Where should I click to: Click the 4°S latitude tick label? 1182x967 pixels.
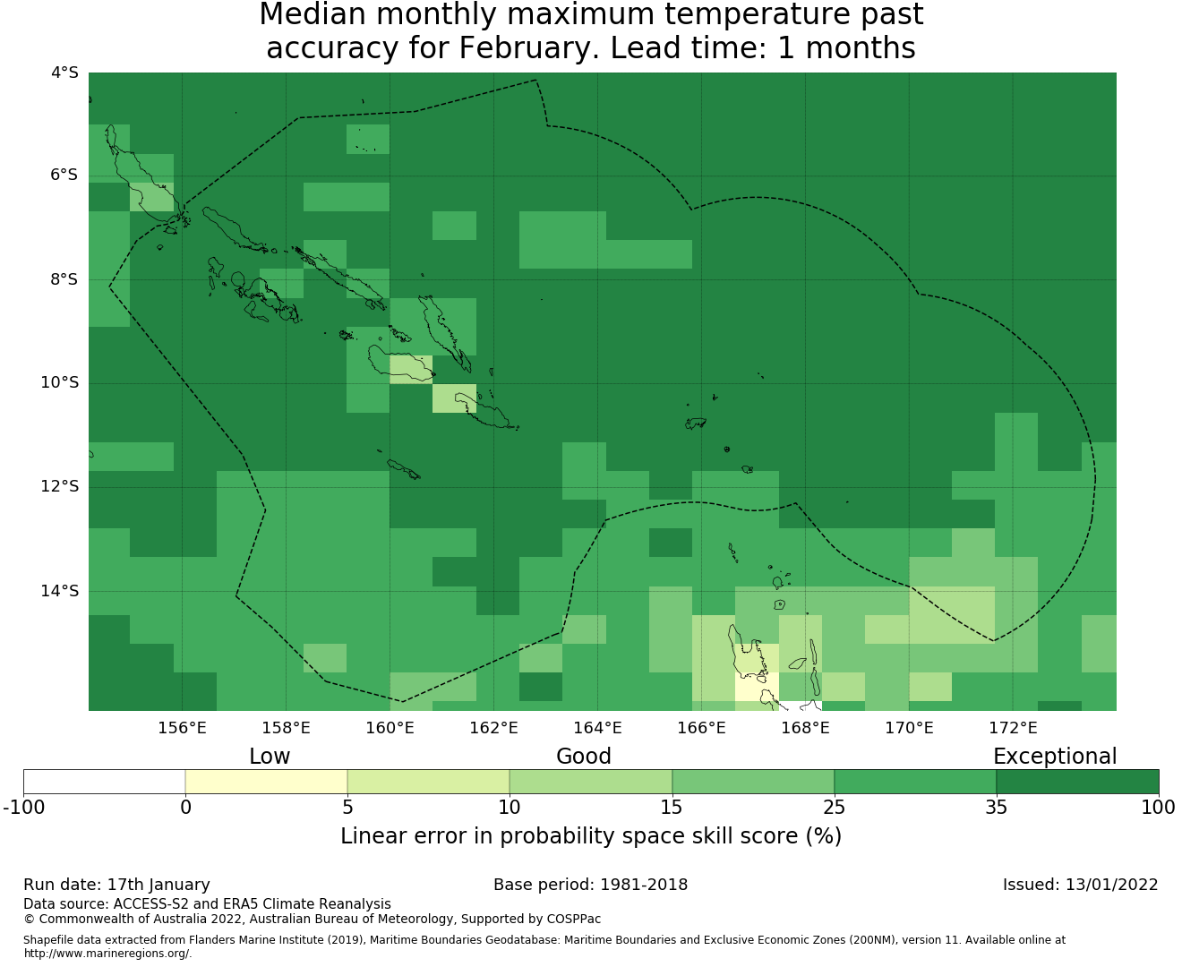(64, 73)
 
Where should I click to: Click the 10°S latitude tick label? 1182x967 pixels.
(60, 383)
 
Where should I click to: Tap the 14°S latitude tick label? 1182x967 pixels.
(60, 591)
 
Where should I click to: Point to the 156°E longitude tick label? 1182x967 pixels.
(182, 728)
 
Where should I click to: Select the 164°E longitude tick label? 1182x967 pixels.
(597, 728)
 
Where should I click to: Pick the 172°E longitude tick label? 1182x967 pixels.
(1013, 728)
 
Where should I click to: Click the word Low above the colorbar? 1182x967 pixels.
(270, 757)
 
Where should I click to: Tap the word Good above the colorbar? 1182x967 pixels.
(584, 757)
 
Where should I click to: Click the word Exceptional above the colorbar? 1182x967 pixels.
(1055, 757)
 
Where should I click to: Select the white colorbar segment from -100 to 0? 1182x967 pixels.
(105, 782)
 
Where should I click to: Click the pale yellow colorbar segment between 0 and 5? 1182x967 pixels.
(266, 782)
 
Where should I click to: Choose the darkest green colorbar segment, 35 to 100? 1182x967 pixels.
(1077, 782)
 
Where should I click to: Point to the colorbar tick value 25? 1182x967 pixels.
(834, 808)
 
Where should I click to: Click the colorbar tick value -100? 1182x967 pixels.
(24, 808)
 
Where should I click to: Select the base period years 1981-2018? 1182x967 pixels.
(644, 885)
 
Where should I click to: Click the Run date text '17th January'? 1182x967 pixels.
(158, 885)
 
